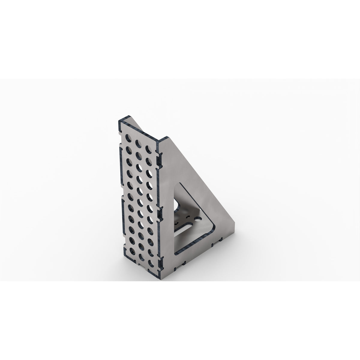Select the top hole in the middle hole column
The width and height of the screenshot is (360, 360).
pos(139,143)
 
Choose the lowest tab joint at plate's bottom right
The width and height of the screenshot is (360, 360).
pos(162,265)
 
